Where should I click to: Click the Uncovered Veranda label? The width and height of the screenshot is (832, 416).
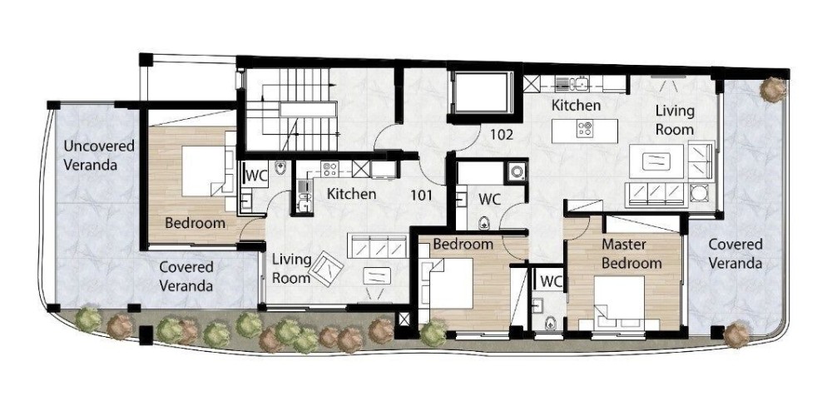point(99,155)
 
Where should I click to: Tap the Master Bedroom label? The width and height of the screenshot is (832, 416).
point(631,254)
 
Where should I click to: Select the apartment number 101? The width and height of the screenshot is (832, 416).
point(421,196)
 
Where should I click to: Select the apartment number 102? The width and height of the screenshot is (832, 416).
point(502,135)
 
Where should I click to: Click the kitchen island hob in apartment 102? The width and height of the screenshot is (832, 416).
point(585,130)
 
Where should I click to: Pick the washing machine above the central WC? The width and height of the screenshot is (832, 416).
point(517,172)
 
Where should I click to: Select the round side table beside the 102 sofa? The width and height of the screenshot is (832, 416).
point(700,193)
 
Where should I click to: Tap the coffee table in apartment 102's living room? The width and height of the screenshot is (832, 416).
point(657,161)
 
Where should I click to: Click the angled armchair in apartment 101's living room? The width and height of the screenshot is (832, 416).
point(326,269)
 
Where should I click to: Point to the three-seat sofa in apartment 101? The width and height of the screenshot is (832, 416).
point(378,246)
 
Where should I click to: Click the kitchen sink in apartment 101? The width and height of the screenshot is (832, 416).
point(304,196)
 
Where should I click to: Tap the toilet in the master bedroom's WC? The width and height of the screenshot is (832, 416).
point(552,321)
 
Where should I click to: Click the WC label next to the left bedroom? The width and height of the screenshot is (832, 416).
point(257,176)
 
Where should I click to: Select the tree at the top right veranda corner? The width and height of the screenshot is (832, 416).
point(773,89)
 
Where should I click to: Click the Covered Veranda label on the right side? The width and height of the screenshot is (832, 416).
point(735,254)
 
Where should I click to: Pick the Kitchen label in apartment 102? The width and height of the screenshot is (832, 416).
point(577,105)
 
